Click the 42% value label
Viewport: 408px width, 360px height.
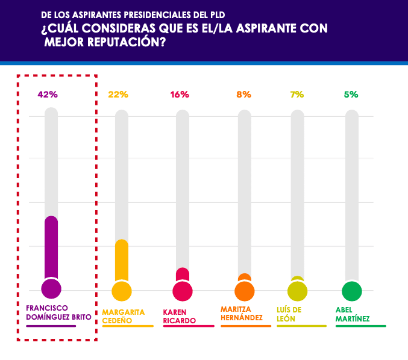coord(48,95)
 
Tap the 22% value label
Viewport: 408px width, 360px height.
coord(119,95)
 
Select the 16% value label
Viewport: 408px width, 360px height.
coord(180,95)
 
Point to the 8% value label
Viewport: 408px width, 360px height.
coord(243,95)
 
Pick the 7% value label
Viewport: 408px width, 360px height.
coord(297,95)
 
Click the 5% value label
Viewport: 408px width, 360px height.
coord(351,95)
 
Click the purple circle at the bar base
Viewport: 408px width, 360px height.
coord(51,289)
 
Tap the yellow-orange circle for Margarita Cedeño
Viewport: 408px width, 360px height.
coord(122,291)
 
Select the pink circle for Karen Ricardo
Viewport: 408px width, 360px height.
coord(183,291)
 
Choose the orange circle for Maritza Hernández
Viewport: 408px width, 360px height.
coord(244,291)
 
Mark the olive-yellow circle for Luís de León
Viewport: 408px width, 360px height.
coord(297,291)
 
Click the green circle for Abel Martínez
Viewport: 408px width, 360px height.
coord(352,291)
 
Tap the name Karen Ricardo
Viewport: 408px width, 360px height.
coord(180,316)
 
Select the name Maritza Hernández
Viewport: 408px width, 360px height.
coord(242,313)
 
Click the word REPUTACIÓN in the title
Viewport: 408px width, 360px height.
coord(122,43)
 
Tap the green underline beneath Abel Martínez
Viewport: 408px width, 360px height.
coord(360,326)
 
